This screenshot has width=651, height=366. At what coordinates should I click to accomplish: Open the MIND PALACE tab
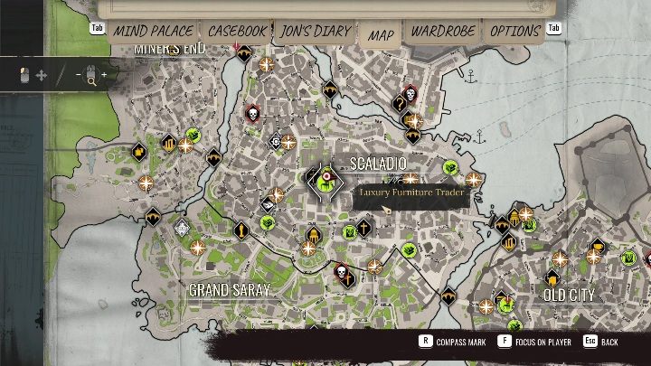pos(152,31)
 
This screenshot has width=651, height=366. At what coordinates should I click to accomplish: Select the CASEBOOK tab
pos(238,31)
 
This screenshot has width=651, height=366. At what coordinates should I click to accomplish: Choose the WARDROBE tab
pos(443,31)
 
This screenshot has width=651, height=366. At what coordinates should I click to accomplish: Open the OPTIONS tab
pos(514,31)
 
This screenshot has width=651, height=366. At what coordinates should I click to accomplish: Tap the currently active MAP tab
pos(382,34)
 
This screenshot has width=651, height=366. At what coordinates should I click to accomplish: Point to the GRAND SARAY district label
pos(230,290)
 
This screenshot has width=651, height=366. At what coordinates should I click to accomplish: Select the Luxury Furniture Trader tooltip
pos(411,192)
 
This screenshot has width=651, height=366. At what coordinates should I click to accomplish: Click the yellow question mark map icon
pos(400,105)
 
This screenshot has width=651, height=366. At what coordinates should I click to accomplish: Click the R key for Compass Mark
pos(424,343)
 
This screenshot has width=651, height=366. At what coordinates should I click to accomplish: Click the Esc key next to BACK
pos(590,343)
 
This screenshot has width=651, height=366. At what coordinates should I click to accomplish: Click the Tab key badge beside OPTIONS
pos(555,28)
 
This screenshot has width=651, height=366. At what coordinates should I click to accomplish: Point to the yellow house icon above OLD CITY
pos(552,277)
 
